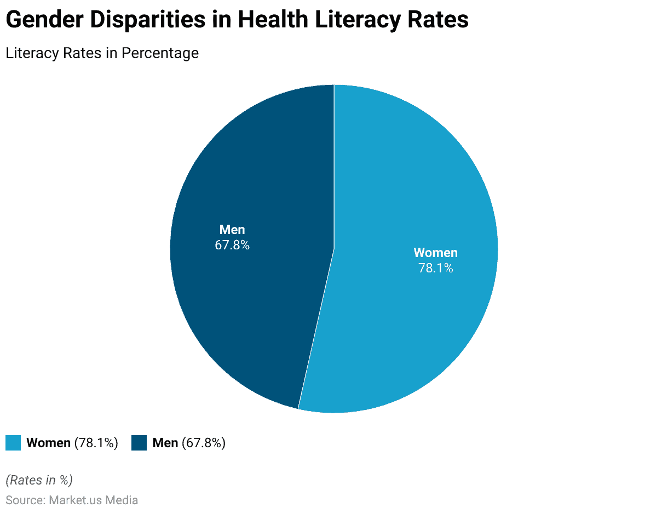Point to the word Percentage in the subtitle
point(160,53)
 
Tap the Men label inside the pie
point(232,230)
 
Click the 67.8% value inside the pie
point(232,245)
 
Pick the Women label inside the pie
point(435,253)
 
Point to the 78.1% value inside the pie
point(435,268)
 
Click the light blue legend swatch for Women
point(13,443)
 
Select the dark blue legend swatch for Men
point(139,443)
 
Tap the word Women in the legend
point(48,443)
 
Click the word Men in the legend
point(165,443)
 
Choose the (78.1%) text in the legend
point(96,443)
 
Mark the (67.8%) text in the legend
point(203,443)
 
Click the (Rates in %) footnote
point(39,480)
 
